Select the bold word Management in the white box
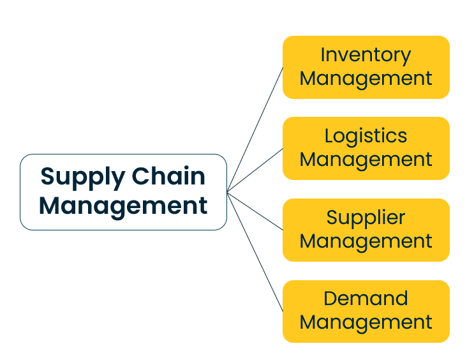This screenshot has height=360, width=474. (x=123, y=206)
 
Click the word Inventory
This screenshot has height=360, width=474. (x=366, y=55)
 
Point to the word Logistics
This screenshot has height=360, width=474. (x=366, y=136)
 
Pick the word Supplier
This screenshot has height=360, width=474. (x=366, y=218)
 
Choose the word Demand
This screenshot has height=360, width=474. (x=366, y=298)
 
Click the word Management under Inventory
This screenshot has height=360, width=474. (x=366, y=79)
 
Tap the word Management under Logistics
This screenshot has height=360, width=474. (x=366, y=160)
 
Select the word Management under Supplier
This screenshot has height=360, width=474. (x=366, y=241)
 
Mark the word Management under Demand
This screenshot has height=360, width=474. (x=366, y=322)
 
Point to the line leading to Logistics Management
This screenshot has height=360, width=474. (x=255, y=170)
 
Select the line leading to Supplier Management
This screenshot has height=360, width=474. (x=255, y=211)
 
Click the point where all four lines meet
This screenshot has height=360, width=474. (x=227, y=191)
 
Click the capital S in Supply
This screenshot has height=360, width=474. (x=47, y=176)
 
